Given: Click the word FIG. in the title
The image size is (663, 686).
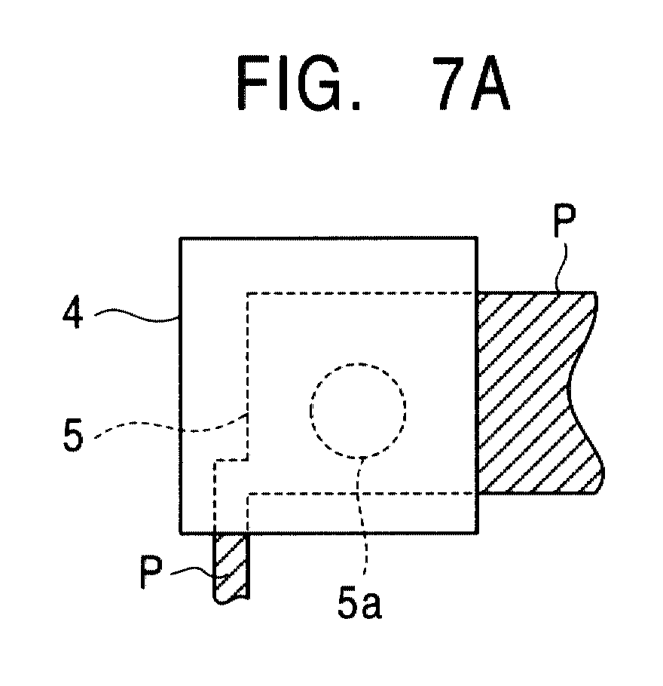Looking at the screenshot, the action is coord(298,84).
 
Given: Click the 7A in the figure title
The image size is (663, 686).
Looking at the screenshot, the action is coord(472,84).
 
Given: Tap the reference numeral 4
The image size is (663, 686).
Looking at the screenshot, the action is coord(72,314).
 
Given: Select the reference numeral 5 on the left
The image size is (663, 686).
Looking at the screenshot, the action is coord(72,434).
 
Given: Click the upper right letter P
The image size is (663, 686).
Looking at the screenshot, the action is coord(564,220).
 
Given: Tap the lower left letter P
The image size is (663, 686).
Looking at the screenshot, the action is coord(151,572).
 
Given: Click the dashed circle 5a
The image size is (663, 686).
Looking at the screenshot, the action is coord(358,364).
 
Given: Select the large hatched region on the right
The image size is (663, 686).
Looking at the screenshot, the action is coord(538,393).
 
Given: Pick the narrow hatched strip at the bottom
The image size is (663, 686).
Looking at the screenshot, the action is coord(231,568).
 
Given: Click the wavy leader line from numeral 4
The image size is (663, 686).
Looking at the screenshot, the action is coord(137,316).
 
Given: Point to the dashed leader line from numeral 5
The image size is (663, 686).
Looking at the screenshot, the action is coord(170,427).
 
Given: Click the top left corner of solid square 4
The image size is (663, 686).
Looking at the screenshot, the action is coord(180,238).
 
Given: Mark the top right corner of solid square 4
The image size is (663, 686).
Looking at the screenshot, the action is coord(477,238).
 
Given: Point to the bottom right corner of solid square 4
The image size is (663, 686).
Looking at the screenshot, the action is coord(477,533).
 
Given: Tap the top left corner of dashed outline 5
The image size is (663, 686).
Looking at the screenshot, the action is coord(248,293).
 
